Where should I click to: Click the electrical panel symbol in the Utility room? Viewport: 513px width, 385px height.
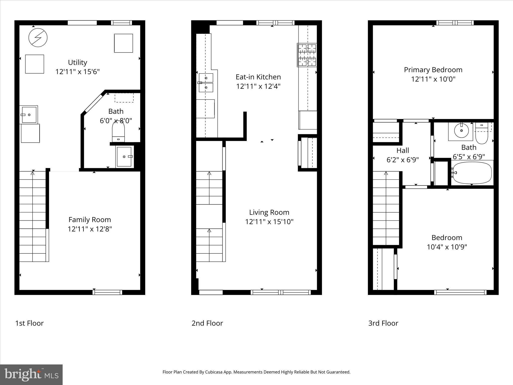click(x=38, y=38)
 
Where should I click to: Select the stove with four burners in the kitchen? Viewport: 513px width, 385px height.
click(x=307, y=55)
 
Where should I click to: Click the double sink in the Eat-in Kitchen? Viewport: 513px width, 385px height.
click(x=206, y=83)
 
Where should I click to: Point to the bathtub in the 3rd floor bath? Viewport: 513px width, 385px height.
click(x=472, y=173)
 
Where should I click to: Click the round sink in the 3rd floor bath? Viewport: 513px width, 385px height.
click(x=461, y=131)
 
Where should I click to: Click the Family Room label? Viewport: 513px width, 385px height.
click(x=90, y=220)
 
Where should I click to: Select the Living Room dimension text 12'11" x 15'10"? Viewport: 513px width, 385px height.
click(x=269, y=222)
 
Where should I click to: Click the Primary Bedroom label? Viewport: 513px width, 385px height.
click(x=433, y=70)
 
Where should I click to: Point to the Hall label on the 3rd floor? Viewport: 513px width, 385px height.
click(x=403, y=150)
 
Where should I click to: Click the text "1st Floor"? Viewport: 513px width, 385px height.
click(x=30, y=323)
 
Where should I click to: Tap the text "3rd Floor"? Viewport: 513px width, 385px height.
click(x=383, y=323)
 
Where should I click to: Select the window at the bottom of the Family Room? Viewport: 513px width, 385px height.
click(x=107, y=292)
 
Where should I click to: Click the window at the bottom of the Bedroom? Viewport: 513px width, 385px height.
click(x=460, y=292)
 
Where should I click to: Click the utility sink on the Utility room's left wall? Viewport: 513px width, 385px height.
click(x=29, y=115)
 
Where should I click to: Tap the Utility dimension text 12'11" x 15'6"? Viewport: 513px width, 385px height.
click(x=77, y=72)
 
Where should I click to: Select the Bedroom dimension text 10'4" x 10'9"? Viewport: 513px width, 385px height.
click(x=447, y=247)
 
